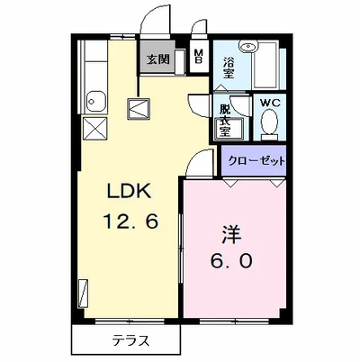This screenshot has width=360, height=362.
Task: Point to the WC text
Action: coord(269,103)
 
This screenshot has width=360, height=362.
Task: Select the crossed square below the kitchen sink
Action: coord(93,127)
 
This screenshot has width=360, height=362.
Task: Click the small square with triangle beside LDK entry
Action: coord(139,108)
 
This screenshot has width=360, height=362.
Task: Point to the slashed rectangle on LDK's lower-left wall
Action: coord(84,293)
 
